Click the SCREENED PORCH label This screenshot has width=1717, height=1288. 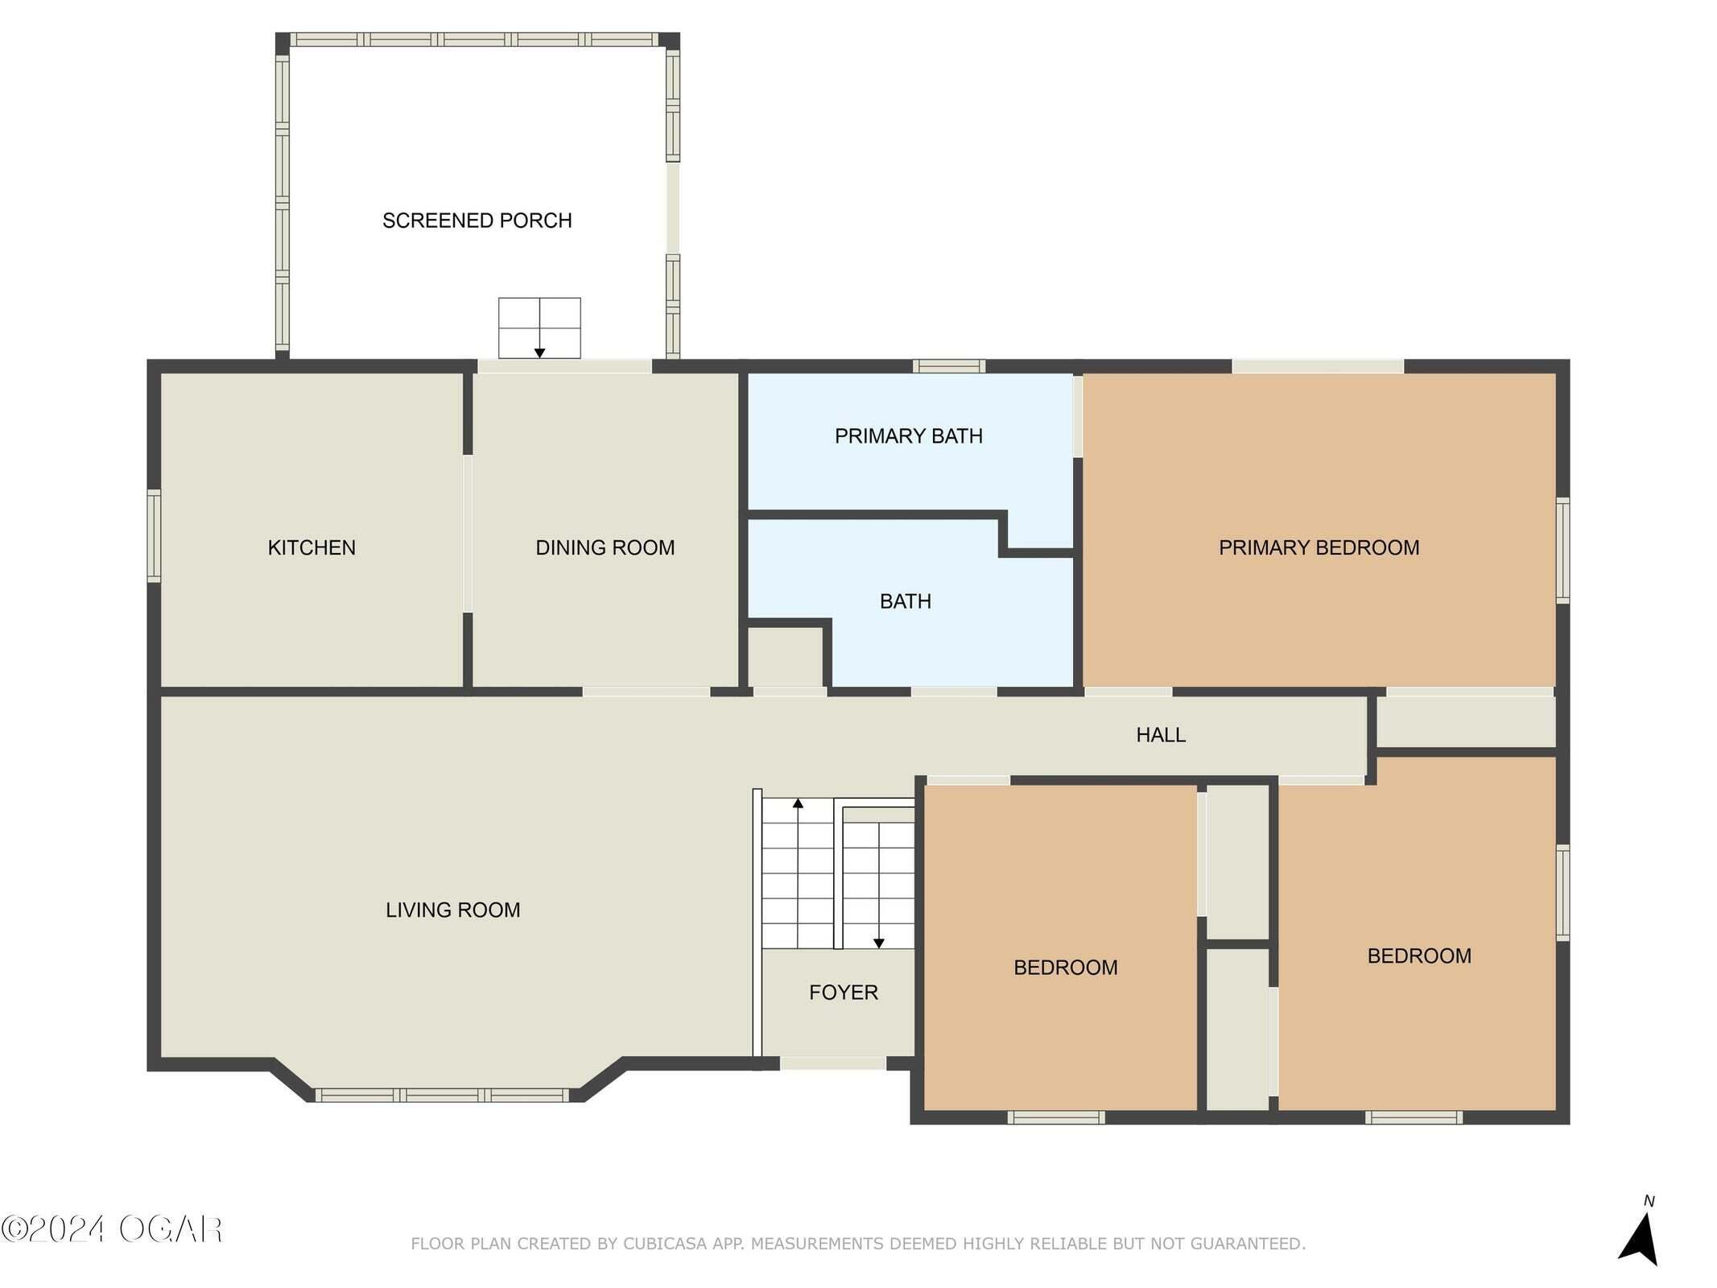point(477,221)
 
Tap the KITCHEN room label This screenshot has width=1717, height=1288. point(312,547)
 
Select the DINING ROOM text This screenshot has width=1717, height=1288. point(605,547)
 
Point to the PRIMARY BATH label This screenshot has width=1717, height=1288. point(908,436)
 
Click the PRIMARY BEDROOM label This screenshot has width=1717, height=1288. point(1319,547)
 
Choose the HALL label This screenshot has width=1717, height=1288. point(1161,734)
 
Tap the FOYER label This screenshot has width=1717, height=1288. point(844,993)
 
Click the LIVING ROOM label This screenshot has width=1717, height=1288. point(452,910)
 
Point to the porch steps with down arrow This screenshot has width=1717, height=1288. point(539,328)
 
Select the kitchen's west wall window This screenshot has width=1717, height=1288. point(153,535)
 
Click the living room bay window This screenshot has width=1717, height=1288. point(442,1095)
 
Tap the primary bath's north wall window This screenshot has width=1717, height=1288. point(949,366)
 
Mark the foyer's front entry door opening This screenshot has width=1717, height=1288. point(833,1063)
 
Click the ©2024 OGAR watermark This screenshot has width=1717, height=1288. point(111,1229)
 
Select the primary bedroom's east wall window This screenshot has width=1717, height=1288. point(1562,550)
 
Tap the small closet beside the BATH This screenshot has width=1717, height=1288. point(786,657)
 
